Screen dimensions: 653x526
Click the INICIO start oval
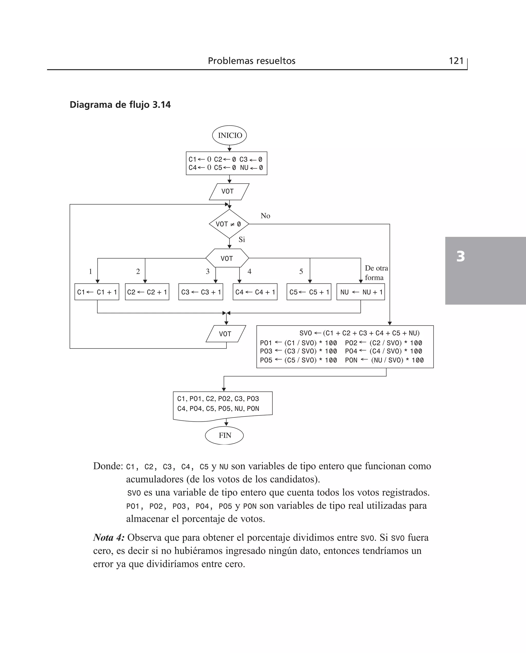229,135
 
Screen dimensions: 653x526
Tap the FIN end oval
224,435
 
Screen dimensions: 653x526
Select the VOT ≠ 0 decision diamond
229,224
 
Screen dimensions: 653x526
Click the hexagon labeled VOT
227,258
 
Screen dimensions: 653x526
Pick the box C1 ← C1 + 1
97,292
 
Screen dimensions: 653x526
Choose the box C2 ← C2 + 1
147,292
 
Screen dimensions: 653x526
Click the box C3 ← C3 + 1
201,292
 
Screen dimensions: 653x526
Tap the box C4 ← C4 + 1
255,292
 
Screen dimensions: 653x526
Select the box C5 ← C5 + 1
309,292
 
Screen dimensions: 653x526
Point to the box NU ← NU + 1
361,292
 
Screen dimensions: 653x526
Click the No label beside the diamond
265,216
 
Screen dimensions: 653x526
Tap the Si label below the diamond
241,240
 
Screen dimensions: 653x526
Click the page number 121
456,61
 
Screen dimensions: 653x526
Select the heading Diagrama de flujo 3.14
120,105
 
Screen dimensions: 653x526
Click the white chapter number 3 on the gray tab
461,257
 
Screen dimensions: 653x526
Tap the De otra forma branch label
376,273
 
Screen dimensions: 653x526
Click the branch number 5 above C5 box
301,271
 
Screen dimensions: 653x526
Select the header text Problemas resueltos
251,61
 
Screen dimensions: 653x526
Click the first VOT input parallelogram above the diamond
229,191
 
